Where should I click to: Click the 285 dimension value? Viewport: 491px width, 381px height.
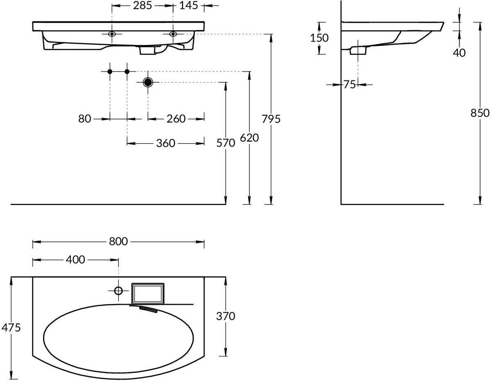pyautogui.click(x=143, y=5)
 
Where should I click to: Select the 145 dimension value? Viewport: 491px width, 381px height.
pyautogui.click(x=188, y=5)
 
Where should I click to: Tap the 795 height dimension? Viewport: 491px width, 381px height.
pyautogui.click(x=271, y=119)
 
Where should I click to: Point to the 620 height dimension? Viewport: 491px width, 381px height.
pyautogui.click(x=249, y=138)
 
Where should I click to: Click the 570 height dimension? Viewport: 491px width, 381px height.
pyautogui.click(x=226, y=143)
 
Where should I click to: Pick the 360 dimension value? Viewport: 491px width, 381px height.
pyautogui.click(x=166, y=143)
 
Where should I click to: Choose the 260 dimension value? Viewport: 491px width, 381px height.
pyautogui.click(x=176, y=119)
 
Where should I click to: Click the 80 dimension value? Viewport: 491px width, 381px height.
pyautogui.click(x=84, y=119)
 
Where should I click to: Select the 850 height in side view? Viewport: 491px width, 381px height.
pyautogui.click(x=480, y=113)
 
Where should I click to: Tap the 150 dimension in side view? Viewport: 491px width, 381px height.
pyautogui.click(x=319, y=38)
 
